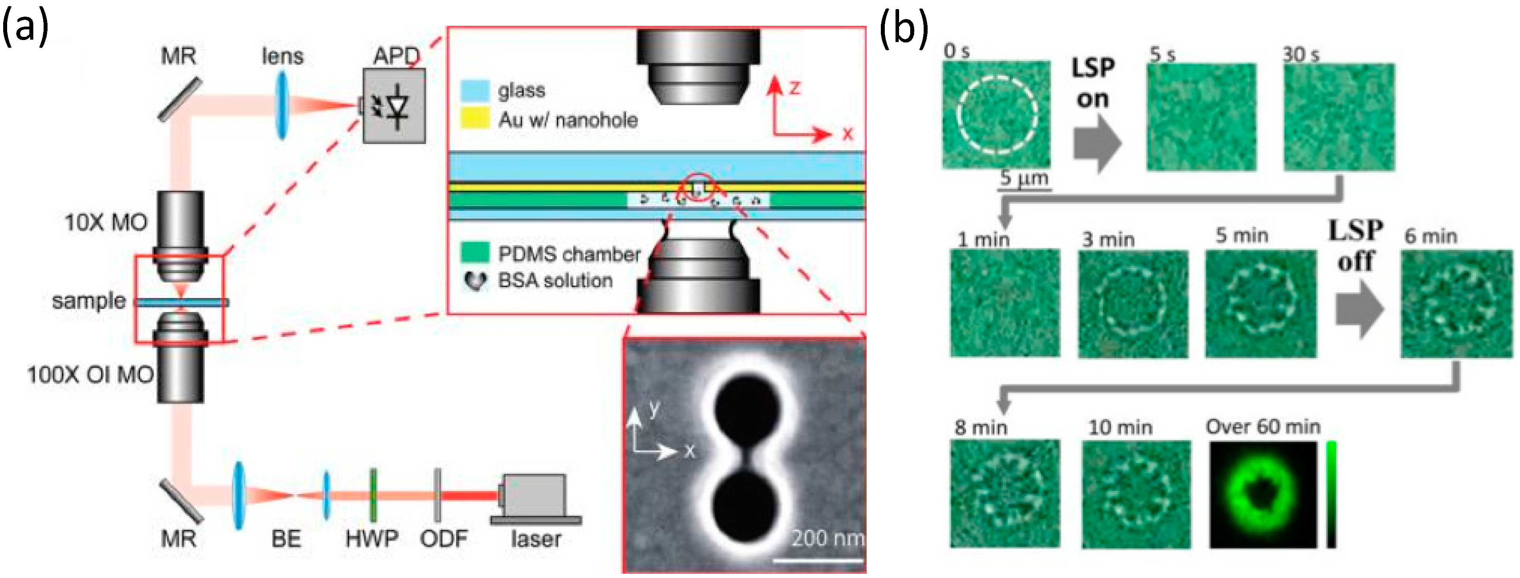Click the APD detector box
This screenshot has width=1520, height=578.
[x=393, y=106]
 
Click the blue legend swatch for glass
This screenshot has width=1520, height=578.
[x=475, y=90]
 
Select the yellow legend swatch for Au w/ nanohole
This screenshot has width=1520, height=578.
[x=475, y=118]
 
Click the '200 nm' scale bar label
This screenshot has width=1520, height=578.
[x=826, y=538]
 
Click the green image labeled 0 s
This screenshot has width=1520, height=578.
[x=996, y=115]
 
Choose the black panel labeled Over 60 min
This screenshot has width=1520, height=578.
[x=1263, y=495]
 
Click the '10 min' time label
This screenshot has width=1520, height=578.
[x=1120, y=427]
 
